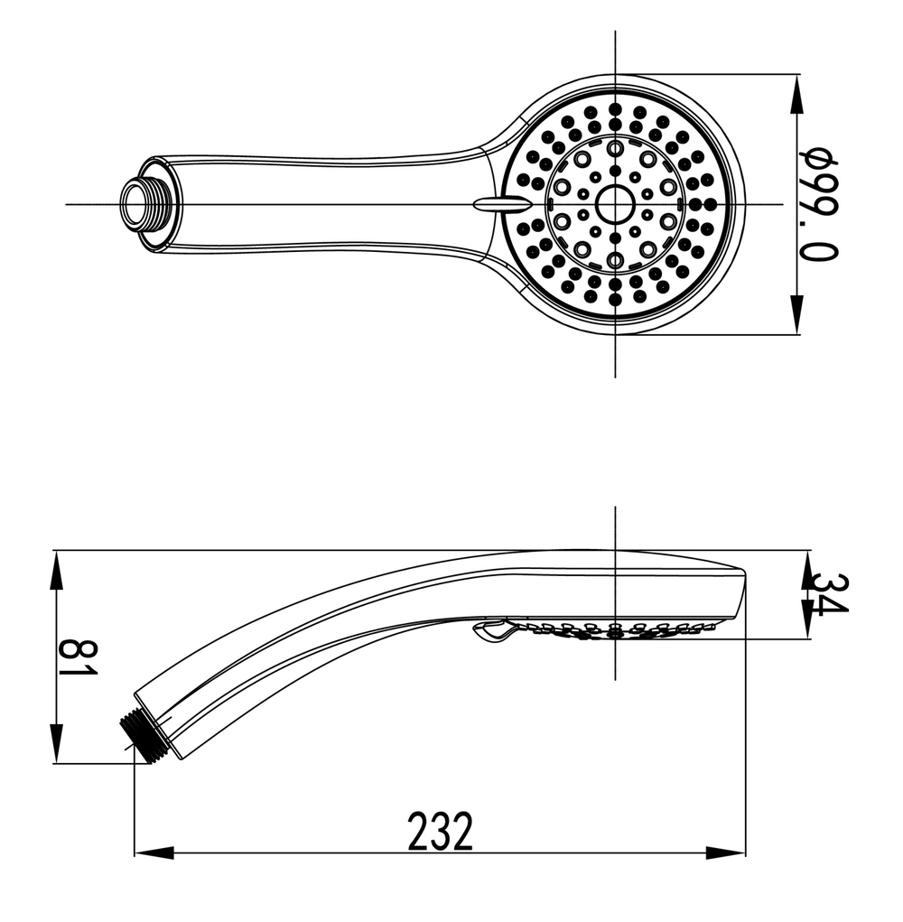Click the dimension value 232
click(440, 832)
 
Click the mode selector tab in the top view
click(495, 204)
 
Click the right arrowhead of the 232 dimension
click(727, 852)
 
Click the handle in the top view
click(325, 204)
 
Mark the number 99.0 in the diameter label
click(820, 226)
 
